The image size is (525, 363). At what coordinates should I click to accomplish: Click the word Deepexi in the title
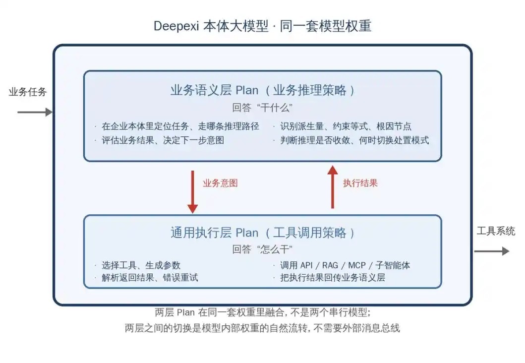click(x=176, y=26)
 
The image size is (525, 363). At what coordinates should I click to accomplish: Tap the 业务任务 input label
click(x=27, y=92)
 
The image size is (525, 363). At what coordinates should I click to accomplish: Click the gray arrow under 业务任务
click(x=35, y=112)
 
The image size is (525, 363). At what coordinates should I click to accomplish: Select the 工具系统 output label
click(x=496, y=231)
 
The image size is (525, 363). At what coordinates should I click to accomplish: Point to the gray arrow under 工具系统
click(x=491, y=251)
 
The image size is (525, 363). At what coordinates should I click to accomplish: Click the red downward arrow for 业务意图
click(x=192, y=192)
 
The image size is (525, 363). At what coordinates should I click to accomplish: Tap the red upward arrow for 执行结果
click(x=333, y=187)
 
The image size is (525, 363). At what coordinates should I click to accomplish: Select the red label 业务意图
click(x=220, y=183)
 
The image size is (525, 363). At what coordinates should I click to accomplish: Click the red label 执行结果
click(x=360, y=183)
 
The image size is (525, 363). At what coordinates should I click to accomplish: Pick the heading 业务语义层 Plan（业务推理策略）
click(x=263, y=90)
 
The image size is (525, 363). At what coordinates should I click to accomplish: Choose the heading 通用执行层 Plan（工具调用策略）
click(x=263, y=233)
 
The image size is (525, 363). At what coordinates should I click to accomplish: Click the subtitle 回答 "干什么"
click(x=262, y=108)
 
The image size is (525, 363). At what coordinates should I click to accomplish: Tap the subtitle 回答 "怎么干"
click(x=262, y=249)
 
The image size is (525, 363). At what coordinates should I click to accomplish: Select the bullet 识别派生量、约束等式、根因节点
click(x=346, y=126)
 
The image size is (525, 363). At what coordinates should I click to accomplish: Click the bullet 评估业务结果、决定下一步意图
click(x=163, y=140)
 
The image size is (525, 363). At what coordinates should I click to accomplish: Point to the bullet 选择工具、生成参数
click(x=141, y=265)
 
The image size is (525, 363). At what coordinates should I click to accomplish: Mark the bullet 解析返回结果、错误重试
click(x=150, y=278)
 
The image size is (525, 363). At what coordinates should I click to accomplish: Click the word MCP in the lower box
click(x=357, y=265)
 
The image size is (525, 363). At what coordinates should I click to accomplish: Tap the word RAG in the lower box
click(x=330, y=265)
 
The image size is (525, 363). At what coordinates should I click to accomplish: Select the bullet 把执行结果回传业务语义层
click(x=333, y=278)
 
